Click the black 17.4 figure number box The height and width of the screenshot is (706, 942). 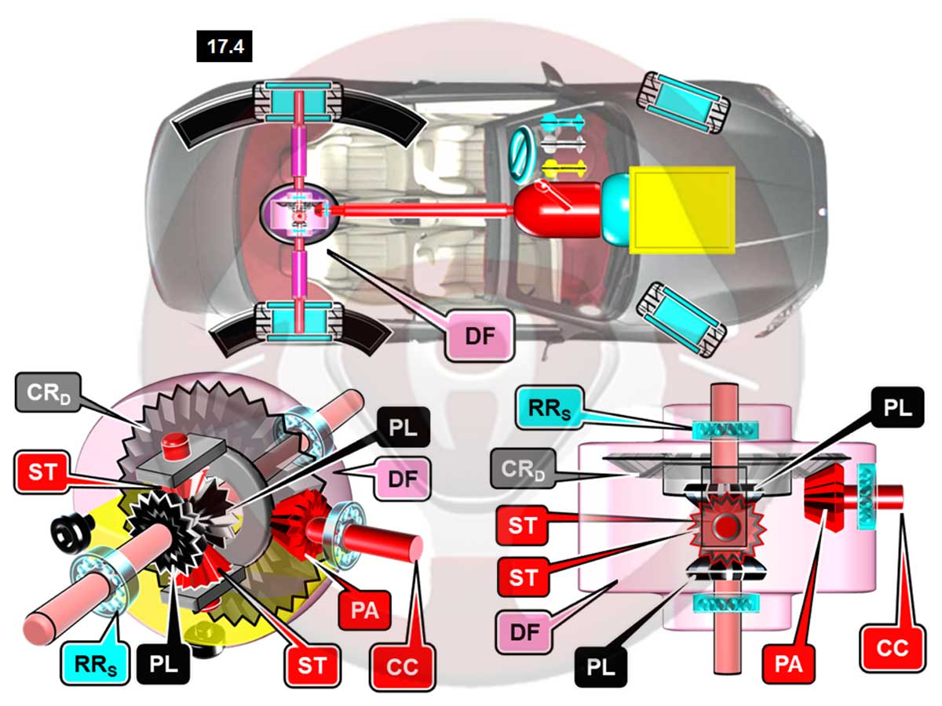point(225,47)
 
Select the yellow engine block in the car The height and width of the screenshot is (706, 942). point(682,209)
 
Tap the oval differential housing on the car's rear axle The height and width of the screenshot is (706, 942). point(299,211)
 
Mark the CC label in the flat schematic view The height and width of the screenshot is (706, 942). point(892,647)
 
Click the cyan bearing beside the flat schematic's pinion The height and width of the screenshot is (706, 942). point(867,495)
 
